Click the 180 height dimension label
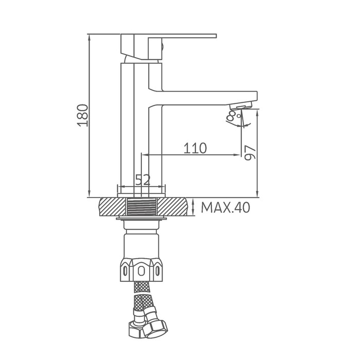coord(82,116)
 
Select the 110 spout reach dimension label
coord(195,148)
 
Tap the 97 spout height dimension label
coord(250,153)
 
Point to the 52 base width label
coord(143,180)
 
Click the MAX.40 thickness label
coord(225,208)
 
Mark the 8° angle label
coord(233,116)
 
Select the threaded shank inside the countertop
coord(141,207)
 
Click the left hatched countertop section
coord(113,207)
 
